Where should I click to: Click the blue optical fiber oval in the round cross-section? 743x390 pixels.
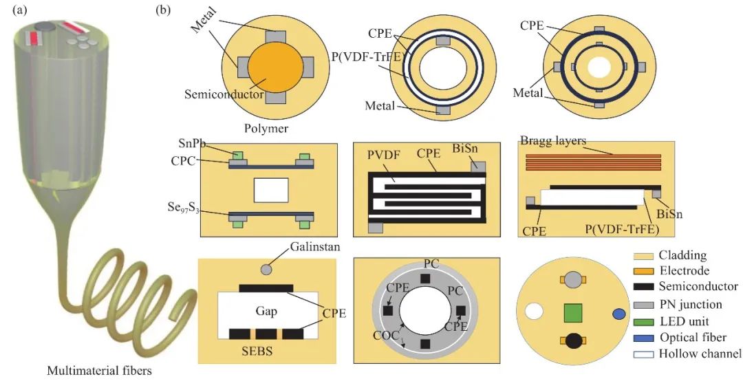[618, 314]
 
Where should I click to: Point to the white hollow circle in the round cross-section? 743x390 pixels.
[534, 312]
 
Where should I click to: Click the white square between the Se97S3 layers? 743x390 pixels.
[270, 190]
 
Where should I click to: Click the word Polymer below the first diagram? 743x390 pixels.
[266, 129]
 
